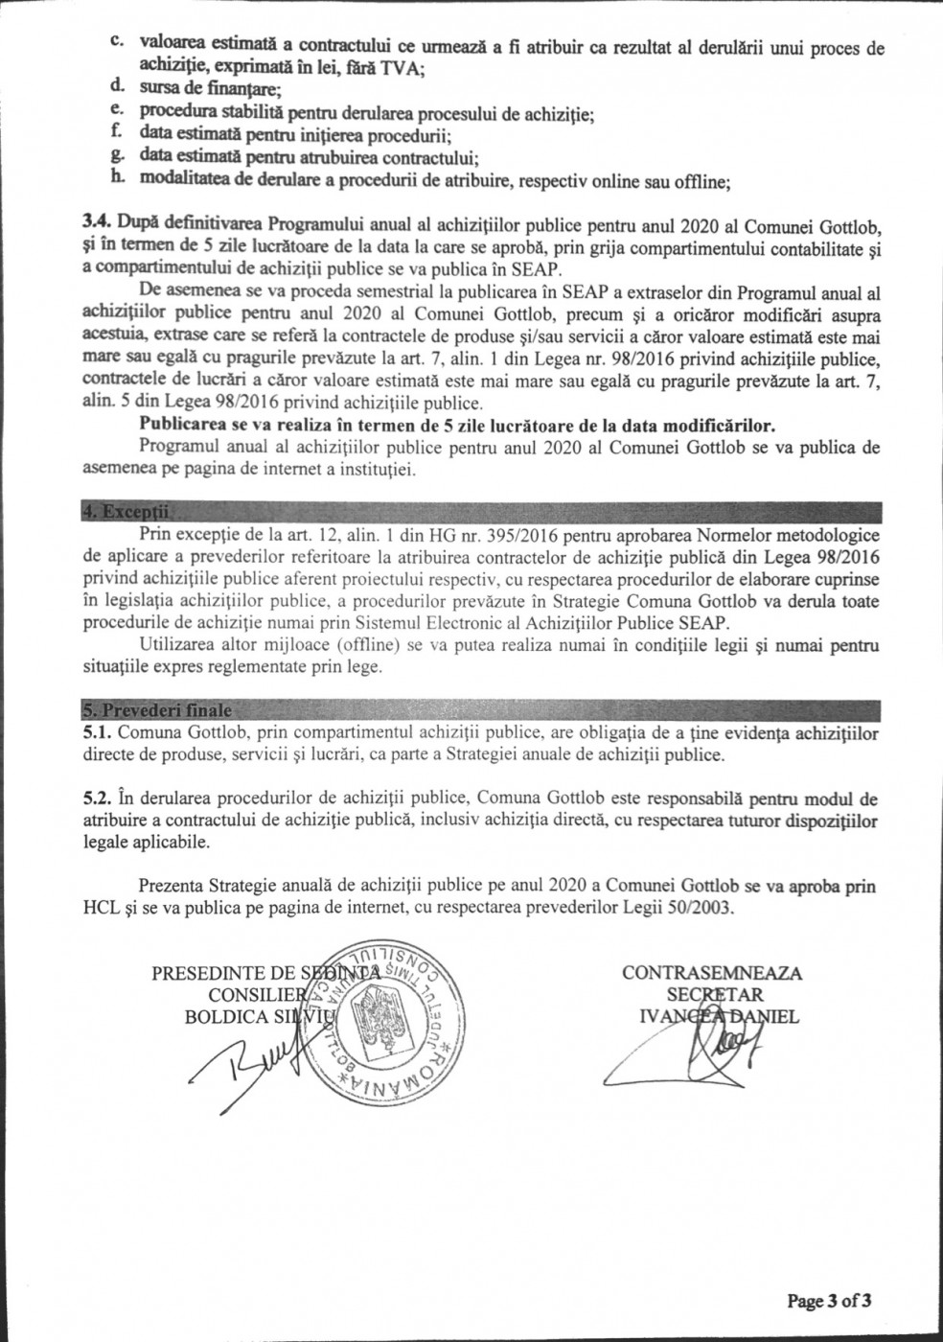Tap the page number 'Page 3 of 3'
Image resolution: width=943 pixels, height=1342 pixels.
[829, 1301]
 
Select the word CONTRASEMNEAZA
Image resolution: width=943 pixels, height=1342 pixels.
[712, 973]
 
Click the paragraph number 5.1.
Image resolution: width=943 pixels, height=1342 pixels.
[98, 733]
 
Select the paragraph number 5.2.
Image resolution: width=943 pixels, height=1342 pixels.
[98, 798]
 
